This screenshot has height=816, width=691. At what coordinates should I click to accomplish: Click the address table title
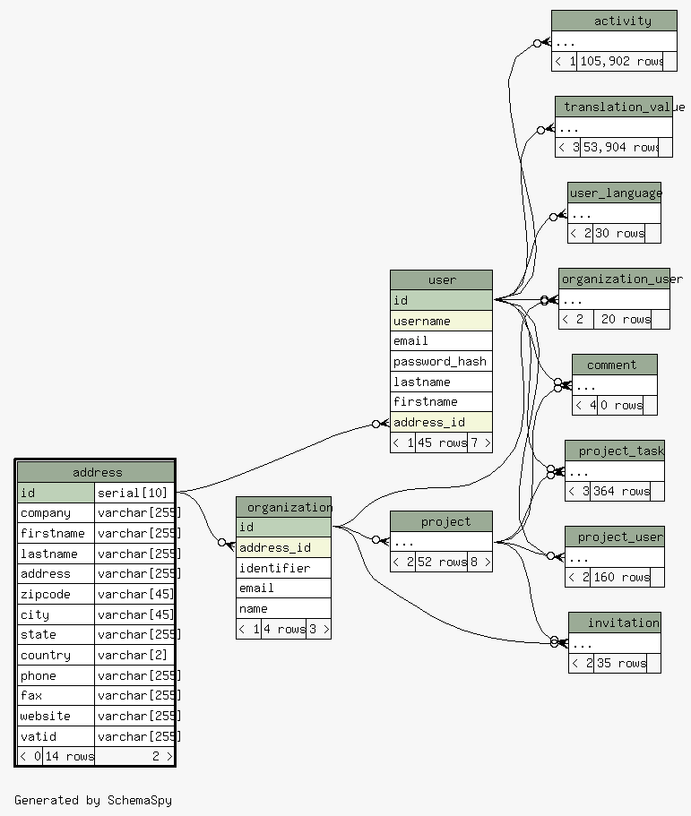pyautogui.click(x=96, y=472)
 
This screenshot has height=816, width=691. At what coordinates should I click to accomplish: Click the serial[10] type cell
pyautogui.click(x=134, y=493)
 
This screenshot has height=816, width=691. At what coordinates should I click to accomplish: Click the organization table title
pyautogui.click(x=289, y=507)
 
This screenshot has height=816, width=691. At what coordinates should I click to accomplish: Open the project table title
pyautogui.click(x=445, y=521)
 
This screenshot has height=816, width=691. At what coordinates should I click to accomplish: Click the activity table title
pyautogui.click(x=622, y=21)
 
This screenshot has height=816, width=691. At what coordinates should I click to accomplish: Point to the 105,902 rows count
pyautogui.click(x=621, y=61)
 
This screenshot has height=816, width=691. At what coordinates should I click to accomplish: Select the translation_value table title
pyautogui.click(x=618, y=107)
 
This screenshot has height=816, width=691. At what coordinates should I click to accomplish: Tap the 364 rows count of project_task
pyautogui.click(x=621, y=491)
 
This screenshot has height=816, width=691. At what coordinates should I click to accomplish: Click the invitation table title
pyautogui.click(x=623, y=623)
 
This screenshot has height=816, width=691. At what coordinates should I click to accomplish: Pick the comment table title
pyautogui.click(x=611, y=365)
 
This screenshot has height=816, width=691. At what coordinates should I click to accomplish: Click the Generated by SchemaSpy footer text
pyautogui.click(x=92, y=800)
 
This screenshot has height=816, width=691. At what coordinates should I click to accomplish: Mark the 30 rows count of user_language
pyautogui.click(x=618, y=233)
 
